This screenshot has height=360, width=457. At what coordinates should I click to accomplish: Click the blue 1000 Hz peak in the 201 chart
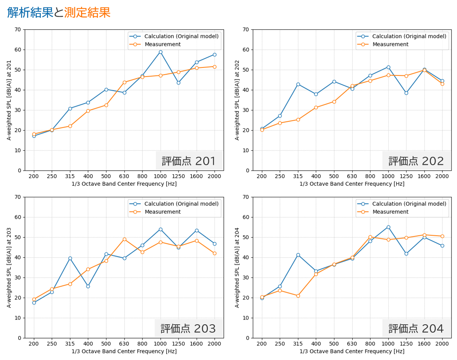coord(160,52)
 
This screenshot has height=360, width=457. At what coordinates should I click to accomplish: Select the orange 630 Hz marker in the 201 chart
coord(124,83)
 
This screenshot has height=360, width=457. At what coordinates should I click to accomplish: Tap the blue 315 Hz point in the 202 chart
coord(298,84)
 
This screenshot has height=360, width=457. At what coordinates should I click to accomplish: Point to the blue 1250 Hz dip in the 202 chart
coord(406,93)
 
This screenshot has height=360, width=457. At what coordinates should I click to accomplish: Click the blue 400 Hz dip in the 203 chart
coord(88,286)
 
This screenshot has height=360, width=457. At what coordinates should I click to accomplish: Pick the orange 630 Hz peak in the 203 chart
coord(124,239)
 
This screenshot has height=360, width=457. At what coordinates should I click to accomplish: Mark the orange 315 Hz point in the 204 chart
coord(298,296)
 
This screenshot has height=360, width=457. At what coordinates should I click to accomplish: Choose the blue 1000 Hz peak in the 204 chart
coord(388,227)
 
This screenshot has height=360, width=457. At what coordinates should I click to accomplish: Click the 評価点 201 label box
coord(189,161)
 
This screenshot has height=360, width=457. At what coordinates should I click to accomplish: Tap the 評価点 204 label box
coord(416,328)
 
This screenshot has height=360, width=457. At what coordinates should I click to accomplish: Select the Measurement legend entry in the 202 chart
coord(390,44)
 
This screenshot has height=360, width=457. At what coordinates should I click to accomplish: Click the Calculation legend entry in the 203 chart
coord(181,204)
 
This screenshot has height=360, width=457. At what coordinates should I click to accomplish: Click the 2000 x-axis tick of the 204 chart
coord(442,344)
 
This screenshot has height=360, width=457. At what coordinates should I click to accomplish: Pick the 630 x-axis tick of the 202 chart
coord(352,176)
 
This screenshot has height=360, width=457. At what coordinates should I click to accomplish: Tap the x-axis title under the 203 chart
coord(124,351)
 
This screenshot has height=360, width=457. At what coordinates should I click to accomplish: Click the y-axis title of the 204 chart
coord(237,267)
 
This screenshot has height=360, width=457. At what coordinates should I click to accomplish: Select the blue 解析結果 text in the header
coord(30,13)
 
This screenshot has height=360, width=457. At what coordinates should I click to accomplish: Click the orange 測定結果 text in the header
coord(87,13)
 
